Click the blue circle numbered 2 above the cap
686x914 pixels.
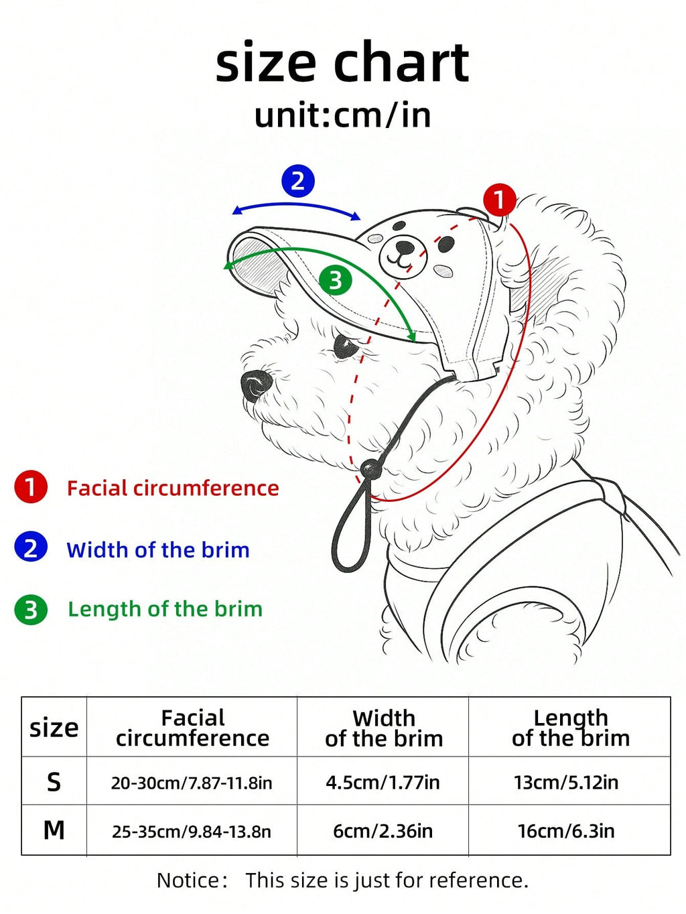297,181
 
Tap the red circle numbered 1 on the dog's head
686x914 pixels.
500,200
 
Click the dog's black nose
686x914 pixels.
257,385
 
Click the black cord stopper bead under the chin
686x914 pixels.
371,469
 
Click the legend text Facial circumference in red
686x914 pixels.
173,488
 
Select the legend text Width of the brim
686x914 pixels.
157,549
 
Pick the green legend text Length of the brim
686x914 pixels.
165,609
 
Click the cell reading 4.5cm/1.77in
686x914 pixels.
383,782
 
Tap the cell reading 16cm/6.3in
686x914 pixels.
565,831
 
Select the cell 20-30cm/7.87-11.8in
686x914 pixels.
192,783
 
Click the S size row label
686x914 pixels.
54,782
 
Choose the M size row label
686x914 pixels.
54,830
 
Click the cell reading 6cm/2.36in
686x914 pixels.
383,831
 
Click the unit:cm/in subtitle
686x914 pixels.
342,116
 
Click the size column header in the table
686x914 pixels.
54,728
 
